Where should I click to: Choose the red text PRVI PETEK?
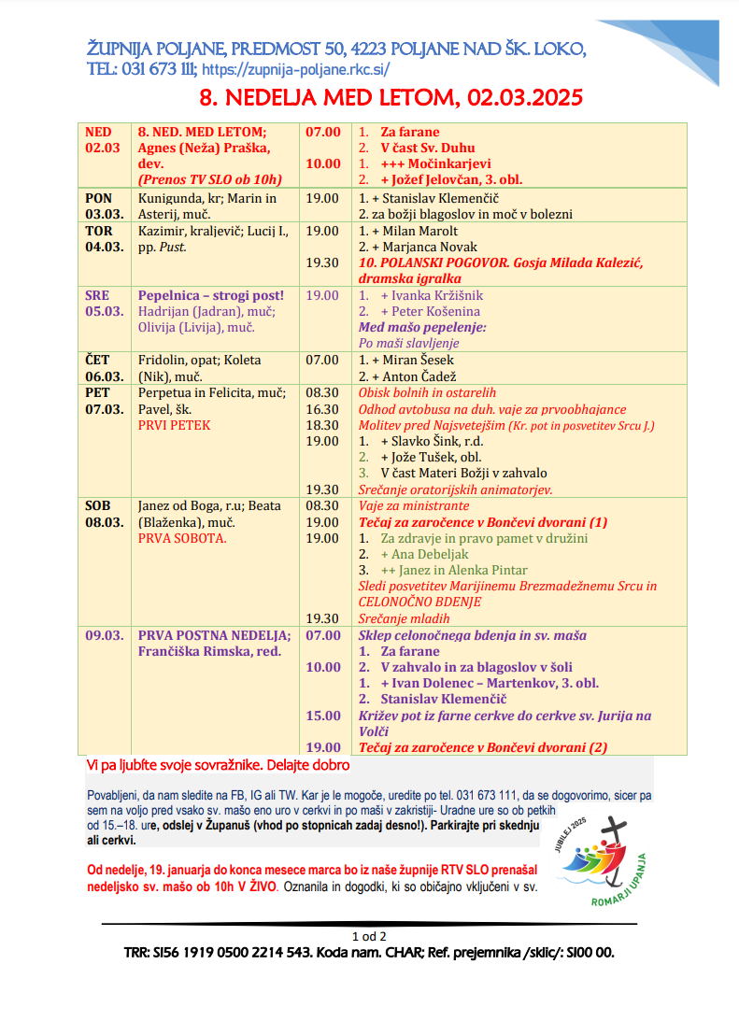[x=175, y=425]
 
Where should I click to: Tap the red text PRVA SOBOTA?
[x=182, y=538]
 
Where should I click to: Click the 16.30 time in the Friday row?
[x=322, y=409]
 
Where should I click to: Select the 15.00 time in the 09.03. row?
[x=323, y=716]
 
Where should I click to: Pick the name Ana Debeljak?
[x=424, y=554]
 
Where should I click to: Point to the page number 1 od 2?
[x=369, y=935]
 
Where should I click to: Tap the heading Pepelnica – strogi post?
[x=211, y=295]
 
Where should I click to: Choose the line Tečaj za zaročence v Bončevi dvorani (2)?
[x=483, y=747]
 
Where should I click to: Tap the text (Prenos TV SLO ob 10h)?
[x=210, y=179]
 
